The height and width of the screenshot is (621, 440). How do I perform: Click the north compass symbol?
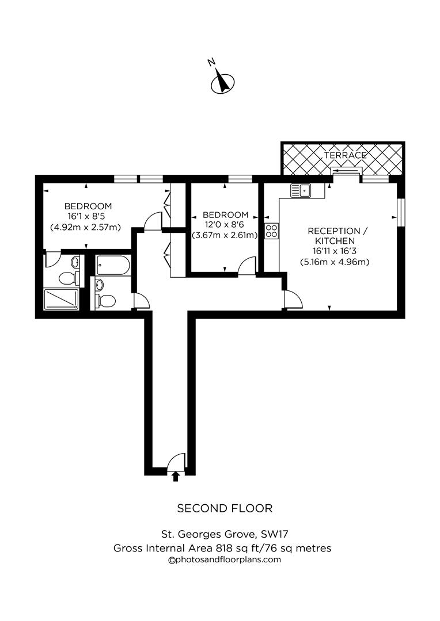coord(221,82)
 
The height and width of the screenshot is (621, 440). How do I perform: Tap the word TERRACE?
coord(345,155)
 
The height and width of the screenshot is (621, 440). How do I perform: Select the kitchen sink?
coord(301,190)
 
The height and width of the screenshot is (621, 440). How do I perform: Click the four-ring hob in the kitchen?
coord(271,231)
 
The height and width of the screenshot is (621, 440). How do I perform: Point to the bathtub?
coord(113,265)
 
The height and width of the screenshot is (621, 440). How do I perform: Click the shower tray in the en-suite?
coord(61,299)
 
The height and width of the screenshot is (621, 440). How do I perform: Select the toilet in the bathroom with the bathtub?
coord(107,301)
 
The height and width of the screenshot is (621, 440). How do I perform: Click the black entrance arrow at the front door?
coord(176,475)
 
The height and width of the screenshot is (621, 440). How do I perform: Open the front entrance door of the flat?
coord(176,461)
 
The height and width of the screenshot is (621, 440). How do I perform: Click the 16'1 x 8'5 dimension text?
coord(88,217)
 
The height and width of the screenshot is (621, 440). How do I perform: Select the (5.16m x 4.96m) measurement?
coord(335,262)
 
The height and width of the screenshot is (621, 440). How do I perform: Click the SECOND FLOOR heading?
coord(224,508)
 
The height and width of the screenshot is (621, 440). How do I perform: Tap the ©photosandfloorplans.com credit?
coord(224,559)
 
